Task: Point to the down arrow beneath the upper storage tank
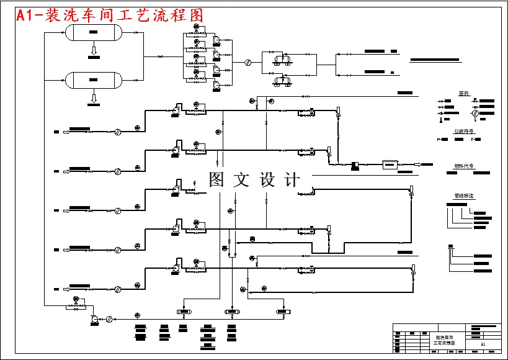point(94,50)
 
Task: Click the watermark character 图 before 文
point(216,180)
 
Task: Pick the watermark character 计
point(292,180)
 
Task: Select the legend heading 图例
point(464,94)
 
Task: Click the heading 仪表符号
point(464,132)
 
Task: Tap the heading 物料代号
point(464,166)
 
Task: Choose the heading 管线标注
point(464,196)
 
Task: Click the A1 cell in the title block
point(483,344)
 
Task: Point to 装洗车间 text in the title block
point(444,337)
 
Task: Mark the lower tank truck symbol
point(282,80)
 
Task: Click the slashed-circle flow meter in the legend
point(475,114)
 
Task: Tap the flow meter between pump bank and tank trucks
point(247,62)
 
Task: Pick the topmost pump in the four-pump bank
point(216,40)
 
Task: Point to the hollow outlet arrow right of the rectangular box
point(417,164)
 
